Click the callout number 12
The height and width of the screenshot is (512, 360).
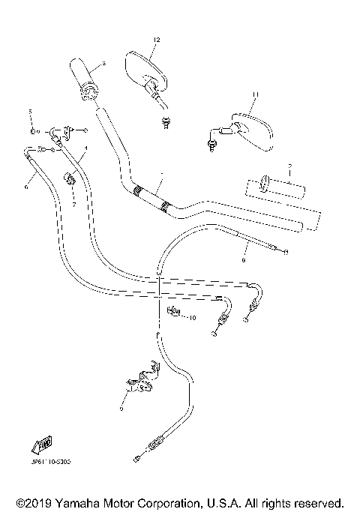(x=157, y=38)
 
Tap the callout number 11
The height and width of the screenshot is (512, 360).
(x=254, y=94)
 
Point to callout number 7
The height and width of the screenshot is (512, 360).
(x=74, y=204)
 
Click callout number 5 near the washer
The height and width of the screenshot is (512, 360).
(x=31, y=112)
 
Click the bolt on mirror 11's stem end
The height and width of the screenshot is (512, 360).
(x=211, y=140)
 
